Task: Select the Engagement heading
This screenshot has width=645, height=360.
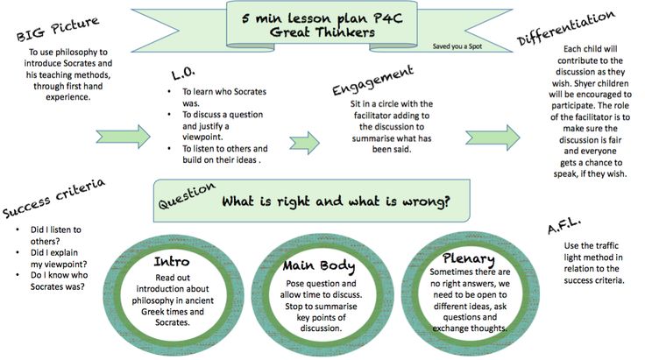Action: point(372,81)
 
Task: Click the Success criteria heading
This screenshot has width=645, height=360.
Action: point(53,199)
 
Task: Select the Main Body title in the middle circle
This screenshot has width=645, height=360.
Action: point(319,265)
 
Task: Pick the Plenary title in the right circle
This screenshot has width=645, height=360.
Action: point(468,260)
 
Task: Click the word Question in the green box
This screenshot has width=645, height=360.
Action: point(186,201)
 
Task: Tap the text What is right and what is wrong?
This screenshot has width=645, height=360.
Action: point(336,201)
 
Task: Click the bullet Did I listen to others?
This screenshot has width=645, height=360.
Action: point(55,235)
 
